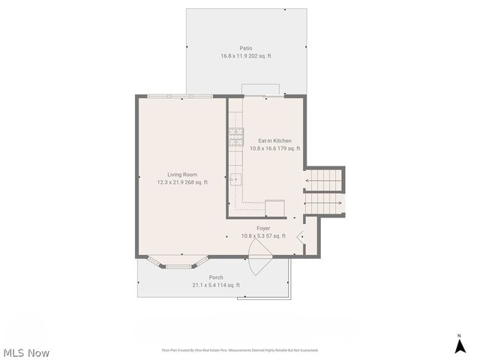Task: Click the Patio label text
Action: coord(246,48)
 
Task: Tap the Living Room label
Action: coord(182,174)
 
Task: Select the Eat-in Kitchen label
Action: coord(274,140)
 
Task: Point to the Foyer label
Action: coord(263,228)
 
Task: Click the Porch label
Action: coord(216,277)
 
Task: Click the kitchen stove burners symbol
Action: coord(236,136)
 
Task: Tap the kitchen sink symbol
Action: coord(236,178)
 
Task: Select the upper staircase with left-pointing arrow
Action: coord(325,180)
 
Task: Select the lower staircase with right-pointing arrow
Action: coord(324,203)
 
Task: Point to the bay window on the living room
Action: coord(178,262)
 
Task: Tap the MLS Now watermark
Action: coord(26,352)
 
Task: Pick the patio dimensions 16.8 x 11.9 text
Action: coord(246,56)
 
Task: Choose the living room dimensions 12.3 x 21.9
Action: coord(182,182)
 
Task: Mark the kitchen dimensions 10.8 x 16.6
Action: coord(274,148)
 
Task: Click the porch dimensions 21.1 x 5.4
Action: coord(216,285)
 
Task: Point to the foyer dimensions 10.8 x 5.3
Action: coord(263,236)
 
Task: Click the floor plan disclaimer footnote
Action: coord(239,350)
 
